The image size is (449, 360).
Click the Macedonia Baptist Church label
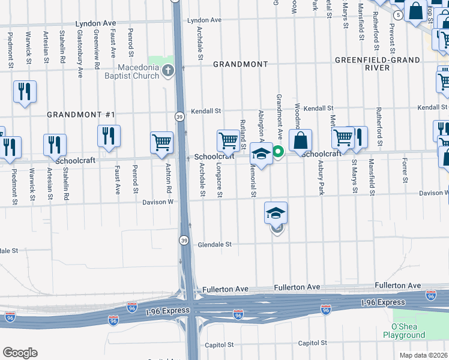point(138,71)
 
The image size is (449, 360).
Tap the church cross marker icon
point(167,71)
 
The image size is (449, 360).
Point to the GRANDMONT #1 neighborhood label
point(80,114)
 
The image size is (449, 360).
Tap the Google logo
point(20,353)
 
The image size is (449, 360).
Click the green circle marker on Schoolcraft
point(279,152)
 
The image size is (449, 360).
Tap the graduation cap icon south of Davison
point(276,213)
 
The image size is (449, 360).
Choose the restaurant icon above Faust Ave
point(109,136)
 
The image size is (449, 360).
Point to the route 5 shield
point(399,14)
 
